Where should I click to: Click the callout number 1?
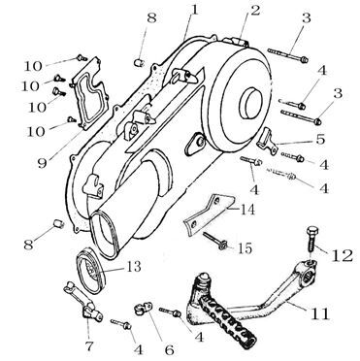pyautogui.click(x=194, y=11)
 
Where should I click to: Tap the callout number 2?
pyautogui.click(x=255, y=11)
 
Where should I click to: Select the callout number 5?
pyautogui.click(x=320, y=140)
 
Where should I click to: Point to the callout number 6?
pyautogui.click(x=169, y=349)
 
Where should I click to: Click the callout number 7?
pyautogui.click(x=88, y=346)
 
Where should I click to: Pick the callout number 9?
pyautogui.click(x=42, y=164)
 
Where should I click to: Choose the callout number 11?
pyautogui.click(x=320, y=313)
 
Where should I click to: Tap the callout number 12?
pyautogui.click(x=343, y=256)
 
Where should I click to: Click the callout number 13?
pyautogui.click(x=132, y=267)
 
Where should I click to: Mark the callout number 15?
pyautogui.click(x=245, y=248)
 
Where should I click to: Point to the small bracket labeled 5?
pyautogui.click(x=268, y=141)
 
